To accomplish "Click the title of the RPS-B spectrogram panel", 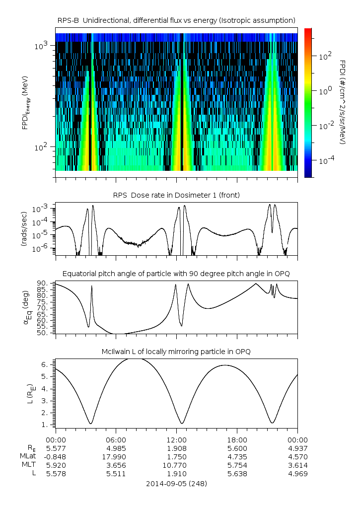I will pyautogui.click(x=176, y=20).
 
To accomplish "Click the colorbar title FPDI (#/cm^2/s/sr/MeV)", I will pyautogui.click(x=343, y=102).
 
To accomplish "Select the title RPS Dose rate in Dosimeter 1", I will pyautogui.click(x=176, y=195).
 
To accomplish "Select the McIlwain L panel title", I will pyautogui.click(x=176, y=352).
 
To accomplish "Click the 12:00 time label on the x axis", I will pyautogui.click(x=176, y=439).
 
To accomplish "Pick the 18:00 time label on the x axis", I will pyautogui.click(x=237, y=439).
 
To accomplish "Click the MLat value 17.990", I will pyautogui.click(x=116, y=456).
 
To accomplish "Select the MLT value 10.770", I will pyautogui.click(x=176, y=465).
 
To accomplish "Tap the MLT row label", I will pyautogui.click(x=26, y=465).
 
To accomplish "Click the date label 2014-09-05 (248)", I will pyautogui.click(x=176, y=483).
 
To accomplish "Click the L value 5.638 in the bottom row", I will pyautogui.click(x=237, y=474).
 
